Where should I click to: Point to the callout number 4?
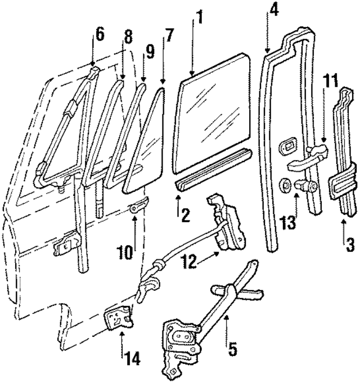coord(273,10)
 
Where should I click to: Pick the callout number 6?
coord(100,34)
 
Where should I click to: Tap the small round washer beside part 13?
coord(284,184)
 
